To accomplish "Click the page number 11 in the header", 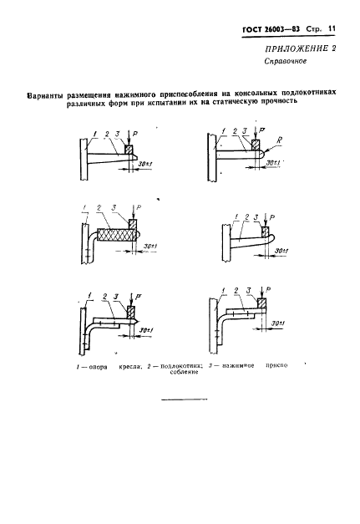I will tap(332, 28).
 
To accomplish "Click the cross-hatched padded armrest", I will tap(116, 235).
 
